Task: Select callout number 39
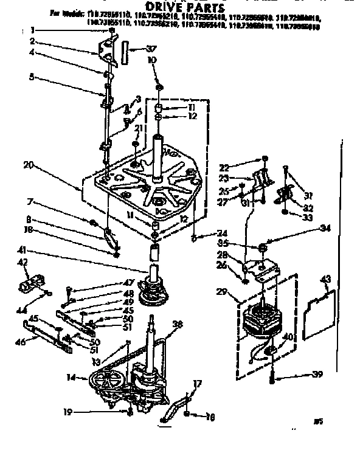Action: point(317,375)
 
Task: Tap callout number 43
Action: point(326,278)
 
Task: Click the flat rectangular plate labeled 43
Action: point(318,315)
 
